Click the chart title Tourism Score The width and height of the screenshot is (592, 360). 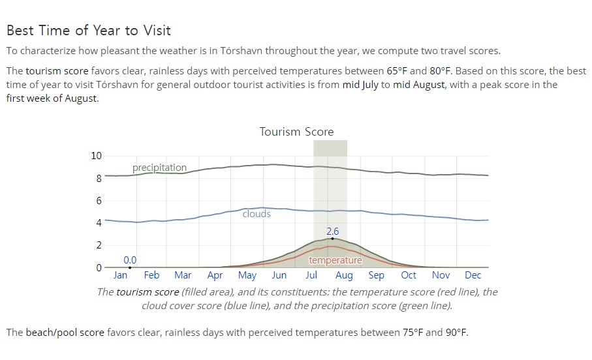point(296,132)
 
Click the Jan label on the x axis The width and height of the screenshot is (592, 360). point(120,275)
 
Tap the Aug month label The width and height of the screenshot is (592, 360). point(344,275)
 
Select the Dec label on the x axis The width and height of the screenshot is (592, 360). point(473,275)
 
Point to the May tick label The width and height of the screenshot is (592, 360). point(247,275)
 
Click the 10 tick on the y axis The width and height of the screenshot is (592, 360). point(97,155)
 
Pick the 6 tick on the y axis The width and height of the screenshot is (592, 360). point(99,200)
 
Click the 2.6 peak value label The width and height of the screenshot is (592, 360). point(333,232)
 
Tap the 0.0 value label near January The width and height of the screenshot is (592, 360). point(130,260)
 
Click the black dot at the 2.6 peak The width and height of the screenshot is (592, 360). point(333,239)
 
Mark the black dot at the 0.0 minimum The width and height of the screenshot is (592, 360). point(130,267)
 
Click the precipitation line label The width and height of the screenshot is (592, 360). point(159,168)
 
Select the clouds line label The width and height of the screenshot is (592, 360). point(257,213)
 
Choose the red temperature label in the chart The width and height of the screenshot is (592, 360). point(335,260)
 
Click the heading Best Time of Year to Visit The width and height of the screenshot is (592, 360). point(89,30)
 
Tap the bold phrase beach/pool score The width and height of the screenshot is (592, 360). point(65,333)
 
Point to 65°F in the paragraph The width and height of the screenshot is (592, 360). point(397,71)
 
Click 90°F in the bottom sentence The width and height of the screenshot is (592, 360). point(457,333)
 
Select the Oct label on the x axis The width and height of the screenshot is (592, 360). point(409,275)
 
